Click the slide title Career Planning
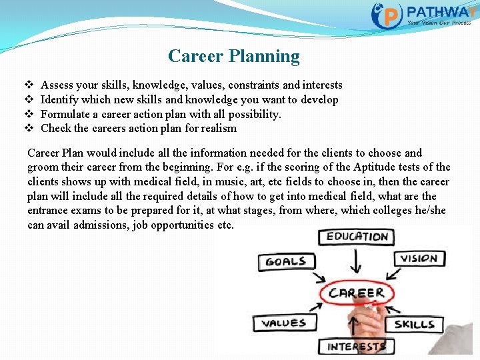point(234,56)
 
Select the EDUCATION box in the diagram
point(357,237)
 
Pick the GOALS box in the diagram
point(285,261)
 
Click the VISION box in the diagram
point(419,259)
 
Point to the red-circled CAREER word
point(356,292)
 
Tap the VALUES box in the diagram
point(283,323)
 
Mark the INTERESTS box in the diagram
point(356,347)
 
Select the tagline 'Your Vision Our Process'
point(439,23)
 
